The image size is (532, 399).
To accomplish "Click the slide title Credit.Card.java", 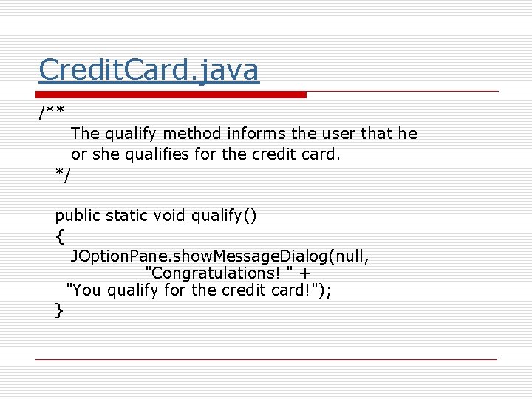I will click(149, 70).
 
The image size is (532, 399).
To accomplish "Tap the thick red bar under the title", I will click(171, 95).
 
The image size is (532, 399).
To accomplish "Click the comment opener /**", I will click(51, 112).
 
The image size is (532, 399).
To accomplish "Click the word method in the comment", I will click(186, 134).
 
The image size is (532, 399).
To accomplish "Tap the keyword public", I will click(78, 216).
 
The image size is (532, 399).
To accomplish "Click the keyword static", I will click(127, 216).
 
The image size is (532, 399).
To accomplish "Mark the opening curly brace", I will click(59, 236).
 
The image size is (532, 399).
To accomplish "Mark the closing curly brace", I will click(59, 310).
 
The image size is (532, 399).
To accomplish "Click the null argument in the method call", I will click(352, 257).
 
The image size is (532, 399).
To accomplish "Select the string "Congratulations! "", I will click(214, 273).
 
